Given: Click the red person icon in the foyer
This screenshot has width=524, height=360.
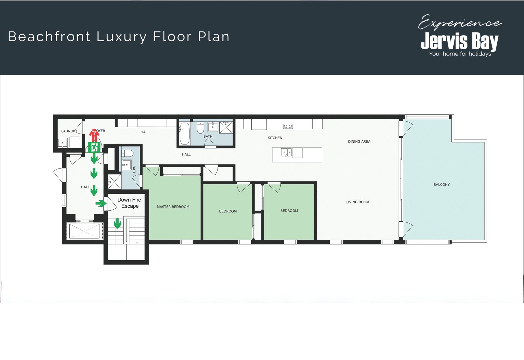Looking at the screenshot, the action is click(94, 135).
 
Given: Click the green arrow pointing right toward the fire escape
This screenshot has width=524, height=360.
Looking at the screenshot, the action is click(101, 203).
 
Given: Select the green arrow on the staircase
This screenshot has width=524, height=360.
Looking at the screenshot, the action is click(117, 223).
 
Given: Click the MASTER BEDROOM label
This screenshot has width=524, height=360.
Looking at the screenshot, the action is click(173, 207).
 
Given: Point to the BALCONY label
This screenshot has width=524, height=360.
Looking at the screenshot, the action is click(442, 185).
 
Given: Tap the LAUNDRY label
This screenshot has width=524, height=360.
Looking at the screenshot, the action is click(69, 131).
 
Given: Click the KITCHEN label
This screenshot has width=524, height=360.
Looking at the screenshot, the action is click(275, 138).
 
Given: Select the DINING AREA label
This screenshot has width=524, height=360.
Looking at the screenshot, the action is click(359, 141).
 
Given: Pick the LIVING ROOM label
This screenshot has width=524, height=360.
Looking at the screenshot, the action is click(358, 202).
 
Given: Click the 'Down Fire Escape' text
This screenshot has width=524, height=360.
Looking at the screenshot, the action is click(129, 203).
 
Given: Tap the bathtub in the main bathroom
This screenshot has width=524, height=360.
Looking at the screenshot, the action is click(184, 134).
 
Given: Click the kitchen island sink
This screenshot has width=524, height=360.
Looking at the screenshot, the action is click(286, 152).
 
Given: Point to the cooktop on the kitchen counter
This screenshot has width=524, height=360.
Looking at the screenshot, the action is click(288, 126).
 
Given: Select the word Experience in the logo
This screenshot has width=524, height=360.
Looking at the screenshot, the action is click(460, 22).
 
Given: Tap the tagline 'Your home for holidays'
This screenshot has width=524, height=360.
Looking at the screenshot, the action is click(460, 54).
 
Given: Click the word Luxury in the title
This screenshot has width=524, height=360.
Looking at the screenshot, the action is click(121, 37).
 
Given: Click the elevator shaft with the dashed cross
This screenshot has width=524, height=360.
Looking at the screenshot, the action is click(84, 231).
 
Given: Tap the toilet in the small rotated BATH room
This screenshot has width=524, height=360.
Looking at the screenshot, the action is click(127, 153).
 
